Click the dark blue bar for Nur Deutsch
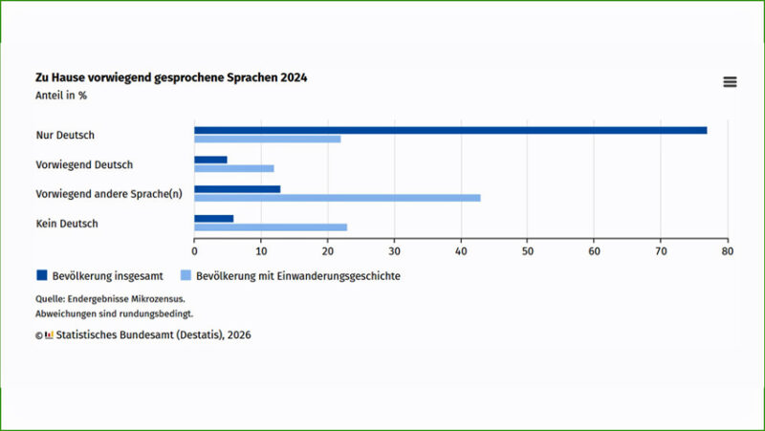[x=449, y=130]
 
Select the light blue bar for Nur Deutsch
[x=268, y=140]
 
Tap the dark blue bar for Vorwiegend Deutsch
[x=210, y=160]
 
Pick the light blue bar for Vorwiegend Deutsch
[x=234, y=169]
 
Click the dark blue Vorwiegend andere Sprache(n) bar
[x=237, y=189]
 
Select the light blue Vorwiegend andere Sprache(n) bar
[x=337, y=198]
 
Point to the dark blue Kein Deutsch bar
[x=213, y=219]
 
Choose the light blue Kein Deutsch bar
[x=271, y=227]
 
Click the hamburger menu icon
[x=730, y=82]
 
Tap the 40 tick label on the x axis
[x=461, y=251]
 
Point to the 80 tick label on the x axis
[x=727, y=251]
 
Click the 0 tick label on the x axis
[x=194, y=251]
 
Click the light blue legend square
[x=186, y=276]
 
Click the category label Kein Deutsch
[x=67, y=224]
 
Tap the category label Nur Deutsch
[x=65, y=135]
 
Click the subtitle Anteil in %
[x=62, y=95]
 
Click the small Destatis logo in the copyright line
[x=49, y=335]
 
